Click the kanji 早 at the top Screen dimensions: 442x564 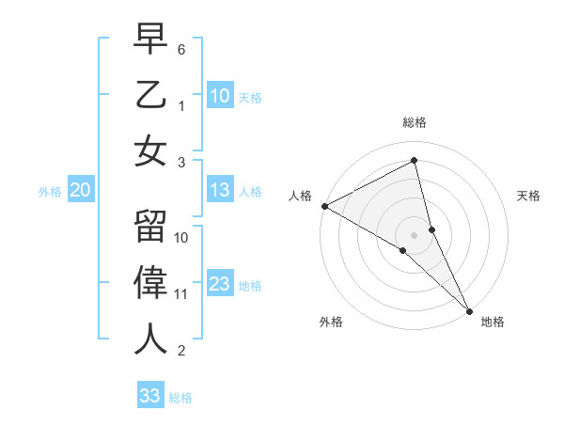[x=150, y=39]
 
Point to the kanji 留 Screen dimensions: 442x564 [x=150, y=227]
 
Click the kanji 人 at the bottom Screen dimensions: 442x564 [x=150, y=339]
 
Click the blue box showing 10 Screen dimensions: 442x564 [x=220, y=95]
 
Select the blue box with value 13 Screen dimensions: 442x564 [x=220, y=190]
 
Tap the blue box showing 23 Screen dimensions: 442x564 [x=220, y=284]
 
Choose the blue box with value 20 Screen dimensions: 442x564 [x=81, y=190]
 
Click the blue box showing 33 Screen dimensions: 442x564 [x=150, y=395]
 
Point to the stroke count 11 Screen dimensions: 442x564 [x=181, y=294]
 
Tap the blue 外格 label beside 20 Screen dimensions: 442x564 [x=50, y=192]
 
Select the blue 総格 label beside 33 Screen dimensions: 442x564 [x=180, y=397]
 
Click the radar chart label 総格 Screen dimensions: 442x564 [x=415, y=122]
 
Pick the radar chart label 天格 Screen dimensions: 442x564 [x=528, y=196]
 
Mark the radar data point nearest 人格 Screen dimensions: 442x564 [x=324, y=206]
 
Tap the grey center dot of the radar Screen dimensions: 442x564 [x=414, y=234]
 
